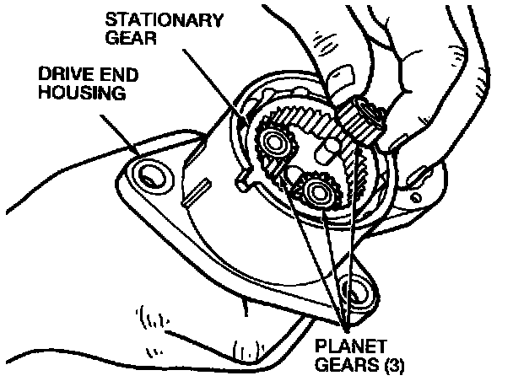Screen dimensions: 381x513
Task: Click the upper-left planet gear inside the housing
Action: click(275, 142)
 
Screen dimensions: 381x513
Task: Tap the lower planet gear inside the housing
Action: click(320, 193)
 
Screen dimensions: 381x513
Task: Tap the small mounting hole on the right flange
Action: click(417, 174)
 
